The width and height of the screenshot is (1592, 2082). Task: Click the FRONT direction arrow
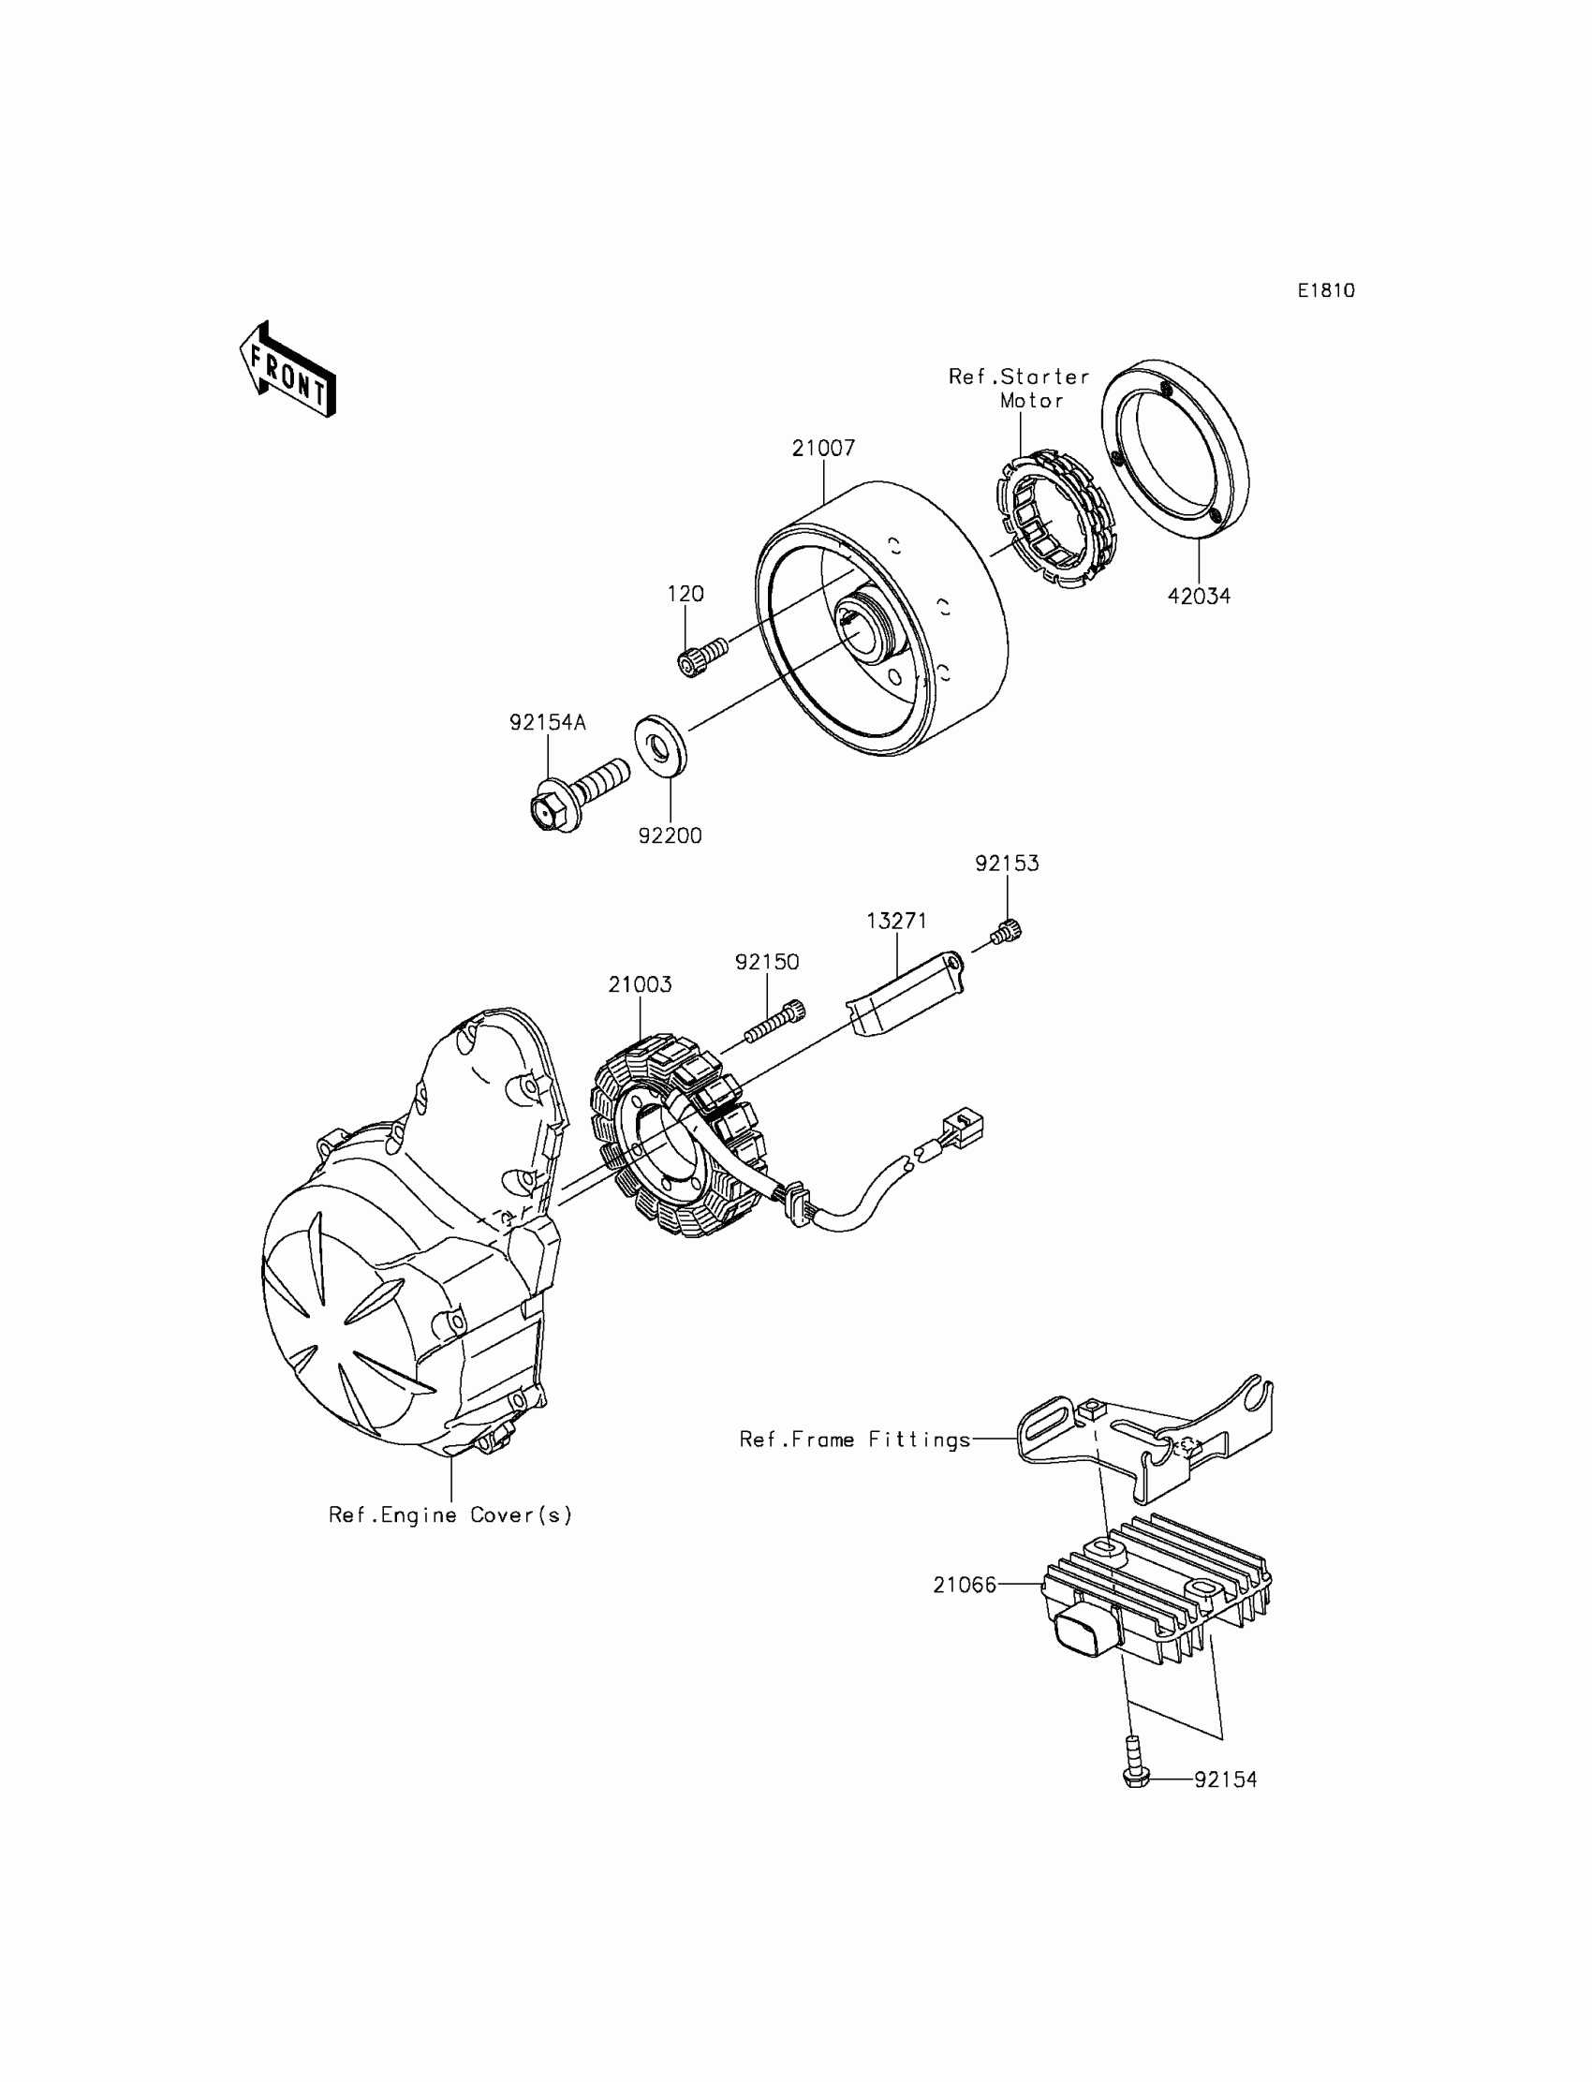(287, 371)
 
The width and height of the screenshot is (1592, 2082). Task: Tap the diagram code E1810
(1326, 291)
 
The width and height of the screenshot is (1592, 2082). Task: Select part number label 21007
(823, 449)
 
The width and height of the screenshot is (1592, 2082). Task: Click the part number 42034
(1199, 596)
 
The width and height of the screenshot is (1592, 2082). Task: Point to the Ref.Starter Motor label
(1020, 389)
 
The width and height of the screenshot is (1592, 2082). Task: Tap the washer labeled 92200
(660, 746)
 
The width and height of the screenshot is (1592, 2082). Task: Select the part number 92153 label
(1007, 864)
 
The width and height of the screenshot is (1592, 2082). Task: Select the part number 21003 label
(640, 984)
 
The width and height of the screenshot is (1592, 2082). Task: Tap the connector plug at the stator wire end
(963, 1129)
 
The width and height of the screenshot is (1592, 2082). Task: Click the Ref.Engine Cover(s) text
(450, 1515)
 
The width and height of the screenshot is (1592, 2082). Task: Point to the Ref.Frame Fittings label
(855, 1440)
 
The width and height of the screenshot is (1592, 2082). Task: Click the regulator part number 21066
(964, 1585)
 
